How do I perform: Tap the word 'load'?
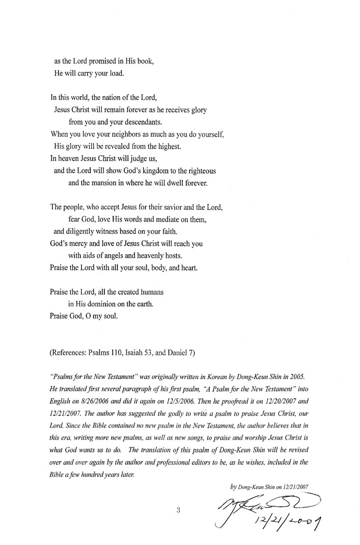pyautogui.click(x=116, y=73)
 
